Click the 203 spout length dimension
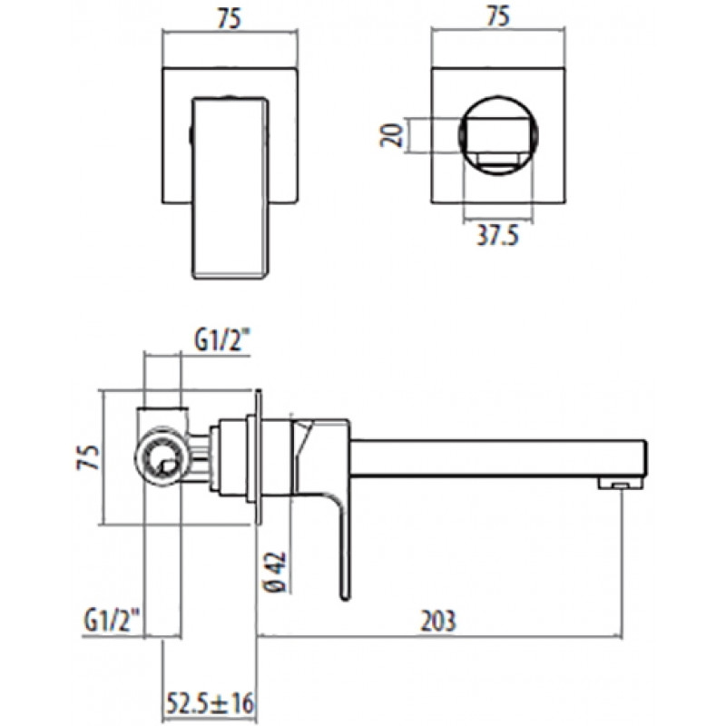point(437,621)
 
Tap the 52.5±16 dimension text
point(210,703)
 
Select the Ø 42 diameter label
point(276,572)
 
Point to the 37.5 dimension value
point(497,235)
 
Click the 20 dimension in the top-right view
point(392,135)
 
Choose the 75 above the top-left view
point(230,19)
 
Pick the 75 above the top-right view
point(498,16)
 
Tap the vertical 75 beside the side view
point(88,457)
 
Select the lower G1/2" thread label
point(112,622)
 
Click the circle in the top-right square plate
point(498,135)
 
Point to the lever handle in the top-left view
point(231,188)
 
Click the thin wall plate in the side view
point(259,457)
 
